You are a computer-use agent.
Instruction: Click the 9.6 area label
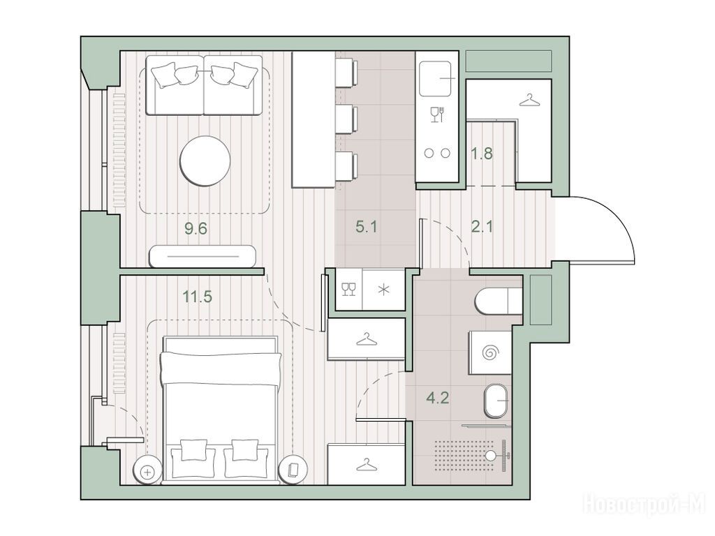(x=196, y=228)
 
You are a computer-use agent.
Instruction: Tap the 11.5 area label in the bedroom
(x=198, y=297)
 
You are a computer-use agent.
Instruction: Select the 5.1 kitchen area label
(x=367, y=227)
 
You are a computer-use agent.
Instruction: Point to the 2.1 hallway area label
(x=482, y=227)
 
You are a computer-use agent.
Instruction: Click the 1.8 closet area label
(x=482, y=154)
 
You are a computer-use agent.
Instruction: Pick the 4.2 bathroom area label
(x=438, y=399)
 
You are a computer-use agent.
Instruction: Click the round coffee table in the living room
(x=205, y=161)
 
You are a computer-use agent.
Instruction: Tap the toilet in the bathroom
(x=498, y=301)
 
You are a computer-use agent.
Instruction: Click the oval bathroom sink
(x=496, y=401)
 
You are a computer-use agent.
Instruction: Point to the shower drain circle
(x=491, y=455)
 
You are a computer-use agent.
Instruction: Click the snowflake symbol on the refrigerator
(x=384, y=289)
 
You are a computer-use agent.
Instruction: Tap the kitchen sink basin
(x=436, y=79)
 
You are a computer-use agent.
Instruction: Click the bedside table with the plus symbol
(x=147, y=472)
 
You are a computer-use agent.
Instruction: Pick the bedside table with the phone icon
(x=294, y=470)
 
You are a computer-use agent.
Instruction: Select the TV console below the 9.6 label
(x=202, y=256)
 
